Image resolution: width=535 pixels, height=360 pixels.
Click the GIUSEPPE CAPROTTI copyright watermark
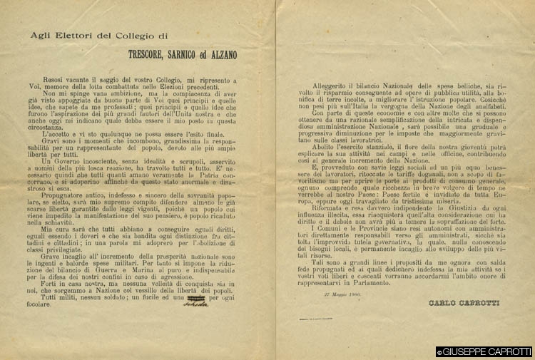[484, 351]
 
